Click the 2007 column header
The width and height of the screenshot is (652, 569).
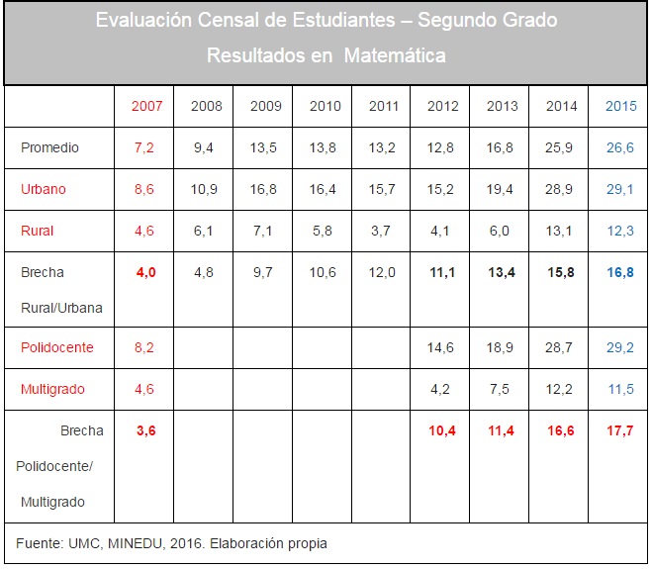point(146,106)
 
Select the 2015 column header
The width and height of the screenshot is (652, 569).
point(620,106)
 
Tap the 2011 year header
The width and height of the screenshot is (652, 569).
point(383,106)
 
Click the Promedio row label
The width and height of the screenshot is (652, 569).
point(49,147)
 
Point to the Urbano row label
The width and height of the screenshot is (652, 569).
point(44,189)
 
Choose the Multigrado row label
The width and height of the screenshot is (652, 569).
point(52,389)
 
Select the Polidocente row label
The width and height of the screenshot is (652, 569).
point(57,347)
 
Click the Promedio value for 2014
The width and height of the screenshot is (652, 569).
point(561,147)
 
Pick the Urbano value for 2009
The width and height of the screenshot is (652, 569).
point(264,189)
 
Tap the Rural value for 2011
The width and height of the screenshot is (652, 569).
point(383,231)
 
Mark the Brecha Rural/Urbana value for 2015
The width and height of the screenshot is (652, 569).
point(620,272)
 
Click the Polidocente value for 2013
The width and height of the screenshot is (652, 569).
point(502,347)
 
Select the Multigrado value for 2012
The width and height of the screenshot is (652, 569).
point(442,389)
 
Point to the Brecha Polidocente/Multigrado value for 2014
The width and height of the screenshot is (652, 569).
point(561,430)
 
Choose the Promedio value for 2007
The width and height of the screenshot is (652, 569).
point(144,147)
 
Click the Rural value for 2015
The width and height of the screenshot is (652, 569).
point(620,231)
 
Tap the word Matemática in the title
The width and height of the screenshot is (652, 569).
point(395,55)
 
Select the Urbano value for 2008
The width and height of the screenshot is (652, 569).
point(205,189)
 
